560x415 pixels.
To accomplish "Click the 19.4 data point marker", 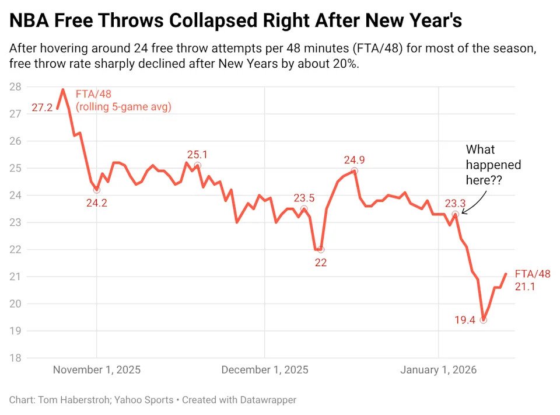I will point(483,320).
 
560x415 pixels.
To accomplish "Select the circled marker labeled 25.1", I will point(197,165).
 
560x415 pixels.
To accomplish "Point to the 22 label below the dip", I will point(320,263).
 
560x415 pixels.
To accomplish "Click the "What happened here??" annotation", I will point(493,165).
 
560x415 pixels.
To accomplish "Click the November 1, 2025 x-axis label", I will point(96,370).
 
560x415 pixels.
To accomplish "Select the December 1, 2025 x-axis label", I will point(265,370).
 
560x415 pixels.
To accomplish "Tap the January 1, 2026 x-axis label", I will point(438,370).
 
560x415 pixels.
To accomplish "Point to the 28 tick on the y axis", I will point(15,87).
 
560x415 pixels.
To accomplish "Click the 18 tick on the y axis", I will point(15,358).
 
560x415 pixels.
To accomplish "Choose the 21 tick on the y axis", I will point(15,277).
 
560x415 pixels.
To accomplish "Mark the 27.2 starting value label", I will point(42,108).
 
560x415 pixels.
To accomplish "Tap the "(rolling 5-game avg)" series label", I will point(124,107).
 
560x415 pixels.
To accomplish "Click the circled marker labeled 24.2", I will point(96,190).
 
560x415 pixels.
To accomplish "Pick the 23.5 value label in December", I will point(304,198).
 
